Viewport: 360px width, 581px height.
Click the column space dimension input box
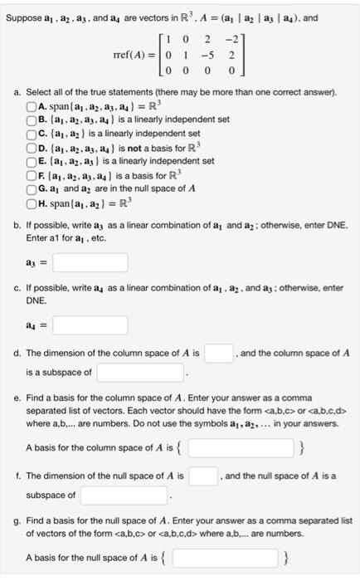218,354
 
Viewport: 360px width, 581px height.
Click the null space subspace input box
124,495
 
